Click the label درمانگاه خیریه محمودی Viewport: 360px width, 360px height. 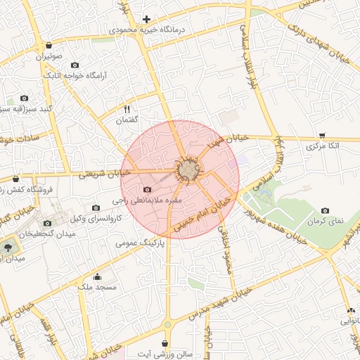pyautogui.click(x=146, y=31)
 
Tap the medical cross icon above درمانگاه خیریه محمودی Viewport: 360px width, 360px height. pyautogui.click(x=146, y=19)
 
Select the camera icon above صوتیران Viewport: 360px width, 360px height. pyautogui.click(x=46, y=43)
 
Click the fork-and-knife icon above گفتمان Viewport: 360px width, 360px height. pyautogui.click(x=127, y=109)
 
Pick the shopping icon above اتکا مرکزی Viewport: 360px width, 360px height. pyautogui.click(x=323, y=134)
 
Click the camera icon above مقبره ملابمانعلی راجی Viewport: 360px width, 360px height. pyautogui.click(x=147, y=189)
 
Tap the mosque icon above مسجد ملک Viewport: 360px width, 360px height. pyautogui.click(x=96, y=276)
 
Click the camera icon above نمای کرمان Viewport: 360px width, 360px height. pyautogui.click(x=326, y=210)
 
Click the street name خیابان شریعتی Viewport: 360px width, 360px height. pyautogui.click(x=105, y=173)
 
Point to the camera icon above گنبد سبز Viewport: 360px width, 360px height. pyautogui.click(x=25, y=98)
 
